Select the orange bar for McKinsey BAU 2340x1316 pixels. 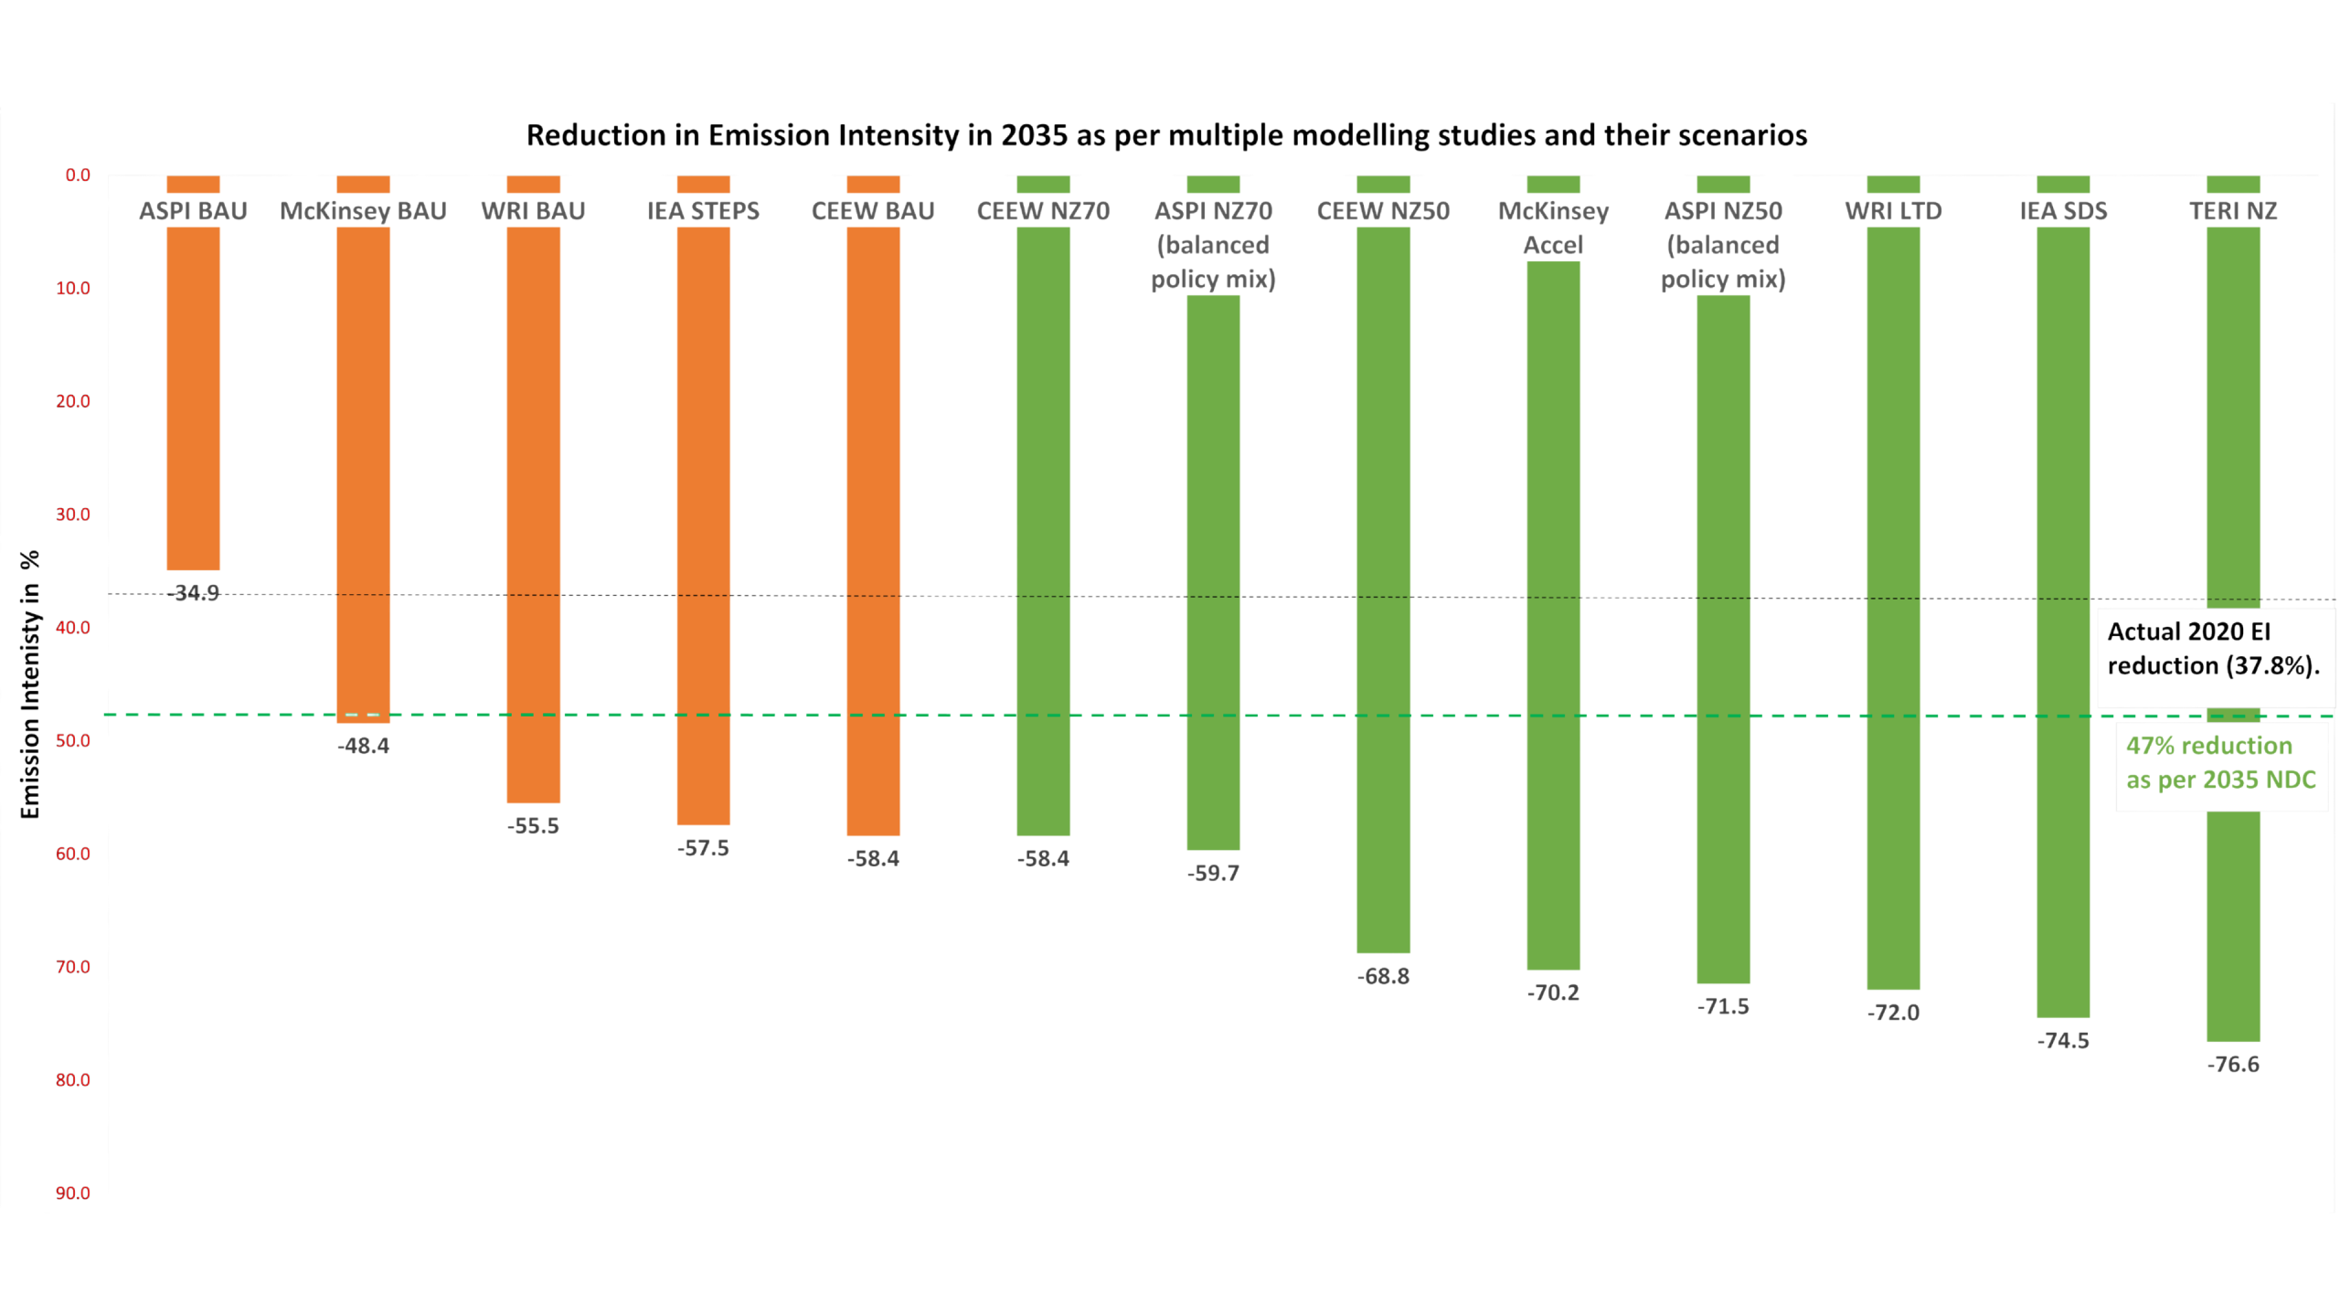pyautogui.click(x=363, y=475)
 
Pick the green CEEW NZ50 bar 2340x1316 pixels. pyautogui.click(x=1383, y=585)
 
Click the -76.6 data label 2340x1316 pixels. pyautogui.click(x=2233, y=1065)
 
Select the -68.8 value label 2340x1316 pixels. pyautogui.click(x=1383, y=976)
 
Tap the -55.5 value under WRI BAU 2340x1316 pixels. pyautogui.click(x=533, y=826)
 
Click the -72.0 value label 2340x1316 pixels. pyautogui.click(x=1893, y=1013)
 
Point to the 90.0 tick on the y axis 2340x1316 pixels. pyautogui.click(x=73, y=1193)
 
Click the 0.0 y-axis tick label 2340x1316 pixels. pyautogui.click(x=78, y=175)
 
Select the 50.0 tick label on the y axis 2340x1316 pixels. pyautogui.click(x=73, y=740)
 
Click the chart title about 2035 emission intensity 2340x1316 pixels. pyautogui.click(x=1166, y=136)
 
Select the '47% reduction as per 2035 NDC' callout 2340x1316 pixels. pyautogui.click(x=2221, y=764)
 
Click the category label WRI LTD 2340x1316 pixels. pyautogui.click(x=1893, y=211)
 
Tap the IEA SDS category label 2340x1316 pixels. pyautogui.click(x=2063, y=211)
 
